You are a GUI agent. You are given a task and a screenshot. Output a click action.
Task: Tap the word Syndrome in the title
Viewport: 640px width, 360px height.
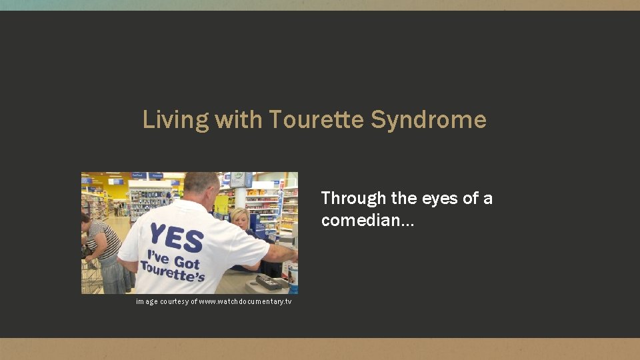[429, 120]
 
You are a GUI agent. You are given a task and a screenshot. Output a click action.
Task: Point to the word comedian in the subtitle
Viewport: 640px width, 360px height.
[363, 221]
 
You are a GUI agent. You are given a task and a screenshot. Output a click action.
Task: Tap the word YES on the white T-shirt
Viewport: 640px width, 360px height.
[177, 236]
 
